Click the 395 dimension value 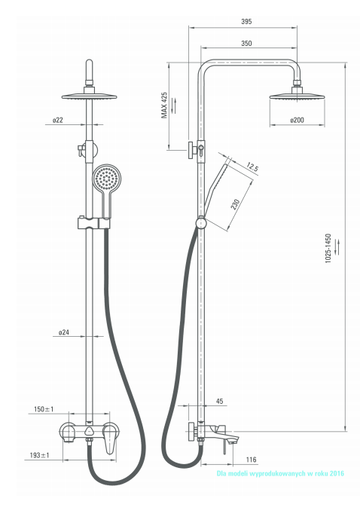246,21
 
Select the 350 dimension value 246,44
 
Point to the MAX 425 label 164,105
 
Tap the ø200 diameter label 297,120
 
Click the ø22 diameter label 58,120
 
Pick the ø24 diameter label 64,332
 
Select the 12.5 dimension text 252,167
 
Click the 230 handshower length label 235,205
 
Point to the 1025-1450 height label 328,248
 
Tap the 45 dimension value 220,402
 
